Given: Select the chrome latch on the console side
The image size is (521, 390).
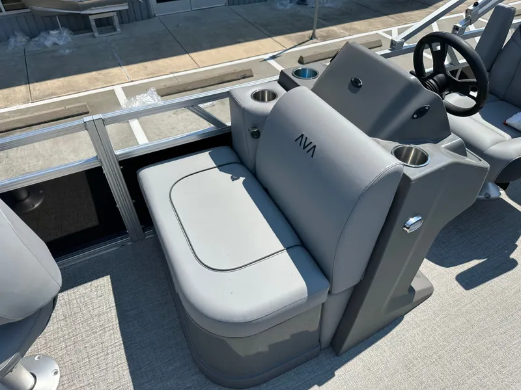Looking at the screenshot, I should pos(413,224).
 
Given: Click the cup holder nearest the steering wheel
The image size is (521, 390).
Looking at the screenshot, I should pos(411,155).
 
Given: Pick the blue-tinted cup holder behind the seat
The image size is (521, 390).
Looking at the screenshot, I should pos(305,73).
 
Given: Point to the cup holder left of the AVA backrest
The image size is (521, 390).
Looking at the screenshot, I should pos(264,96).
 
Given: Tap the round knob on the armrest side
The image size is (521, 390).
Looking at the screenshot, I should pos(255,133).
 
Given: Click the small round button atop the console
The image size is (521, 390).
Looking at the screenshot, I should pos(356,83).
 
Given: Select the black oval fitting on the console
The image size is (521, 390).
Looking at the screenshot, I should pos(420,112).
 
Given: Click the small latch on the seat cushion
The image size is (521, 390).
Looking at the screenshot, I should pos(235,177).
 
